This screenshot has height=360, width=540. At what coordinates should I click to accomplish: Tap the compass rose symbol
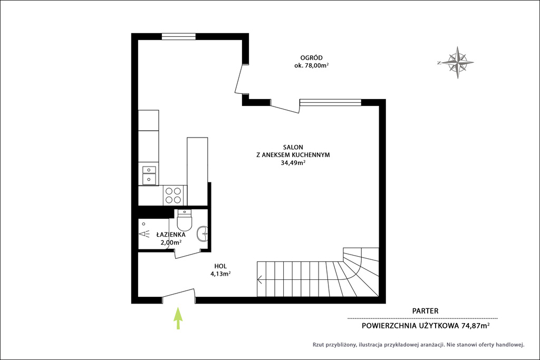tap(457, 63)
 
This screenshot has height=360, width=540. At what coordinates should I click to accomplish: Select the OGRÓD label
tap(311, 58)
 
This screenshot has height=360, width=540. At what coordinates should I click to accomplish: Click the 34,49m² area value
tap(293, 163)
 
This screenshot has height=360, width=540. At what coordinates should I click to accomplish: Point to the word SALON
tap(293, 147)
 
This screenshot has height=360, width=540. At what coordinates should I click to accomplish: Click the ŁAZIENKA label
tap(171, 235)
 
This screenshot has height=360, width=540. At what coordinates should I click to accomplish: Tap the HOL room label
tap(220, 266)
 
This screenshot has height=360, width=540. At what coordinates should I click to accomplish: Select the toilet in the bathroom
tap(184, 220)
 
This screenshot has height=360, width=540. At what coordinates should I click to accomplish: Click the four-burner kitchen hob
tap(173, 195)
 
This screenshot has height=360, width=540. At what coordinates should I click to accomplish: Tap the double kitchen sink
tap(149, 174)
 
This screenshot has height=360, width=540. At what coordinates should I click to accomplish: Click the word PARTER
tap(426, 311)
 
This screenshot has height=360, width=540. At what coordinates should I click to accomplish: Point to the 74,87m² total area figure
tap(476, 326)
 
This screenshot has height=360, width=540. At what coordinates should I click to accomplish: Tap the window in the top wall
tap(178, 36)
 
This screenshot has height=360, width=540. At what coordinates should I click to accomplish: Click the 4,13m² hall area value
tap(220, 274)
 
